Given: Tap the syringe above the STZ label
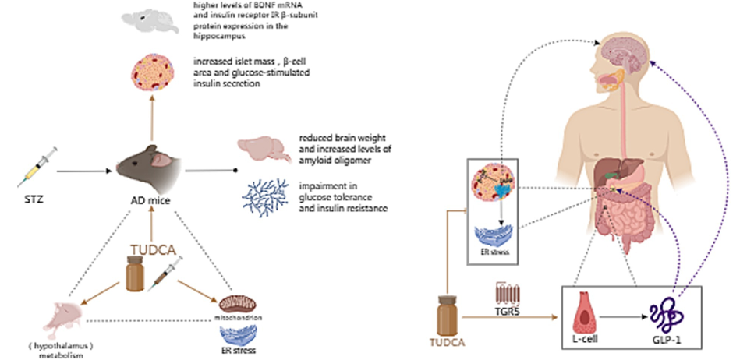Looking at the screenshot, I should tap(37, 165).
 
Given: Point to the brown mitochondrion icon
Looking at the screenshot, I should tap(239, 301).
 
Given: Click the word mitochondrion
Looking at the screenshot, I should tap(239, 318).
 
